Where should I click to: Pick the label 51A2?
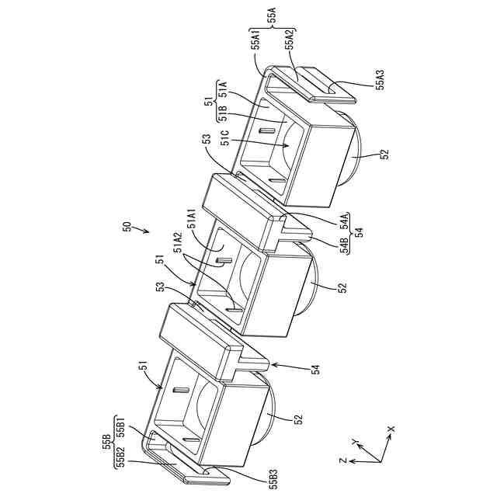point(177,250)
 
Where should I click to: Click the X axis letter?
point(391,428)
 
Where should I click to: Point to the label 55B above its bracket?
point(106,443)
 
